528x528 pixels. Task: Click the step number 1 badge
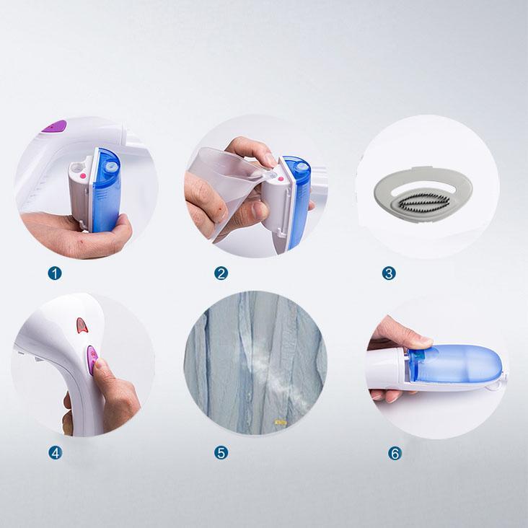pos(55,273)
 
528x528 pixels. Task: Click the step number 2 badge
pos(221,273)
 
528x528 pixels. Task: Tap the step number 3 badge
pos(389,273)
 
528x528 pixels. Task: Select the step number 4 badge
pos(56,453)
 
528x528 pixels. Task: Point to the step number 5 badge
pos(221,453)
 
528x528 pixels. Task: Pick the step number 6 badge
pos(395,453)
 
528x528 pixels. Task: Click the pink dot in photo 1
pos(82,176)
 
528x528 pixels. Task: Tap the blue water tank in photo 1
pos(107,190)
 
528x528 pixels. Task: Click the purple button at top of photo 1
pos(54,126)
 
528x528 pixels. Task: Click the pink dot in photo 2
pos(280,180)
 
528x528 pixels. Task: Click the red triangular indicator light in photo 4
pos(82,325)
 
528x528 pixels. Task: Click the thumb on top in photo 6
pos(404,333)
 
